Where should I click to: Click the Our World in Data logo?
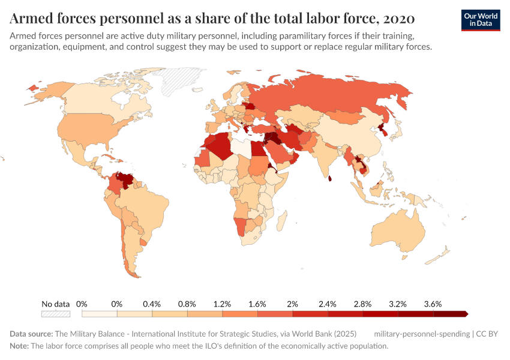(481, 20)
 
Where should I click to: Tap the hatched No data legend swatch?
(56, 314)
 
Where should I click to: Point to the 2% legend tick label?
(293, 304)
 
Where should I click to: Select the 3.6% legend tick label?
(433, 304)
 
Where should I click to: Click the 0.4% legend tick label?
(152, 304)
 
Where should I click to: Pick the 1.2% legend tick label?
(223, 304)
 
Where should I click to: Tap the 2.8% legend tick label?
(362, 304)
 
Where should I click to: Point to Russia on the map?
(336, 96)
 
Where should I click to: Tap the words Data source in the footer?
(31, 334)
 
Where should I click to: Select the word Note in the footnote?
(20, 346)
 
